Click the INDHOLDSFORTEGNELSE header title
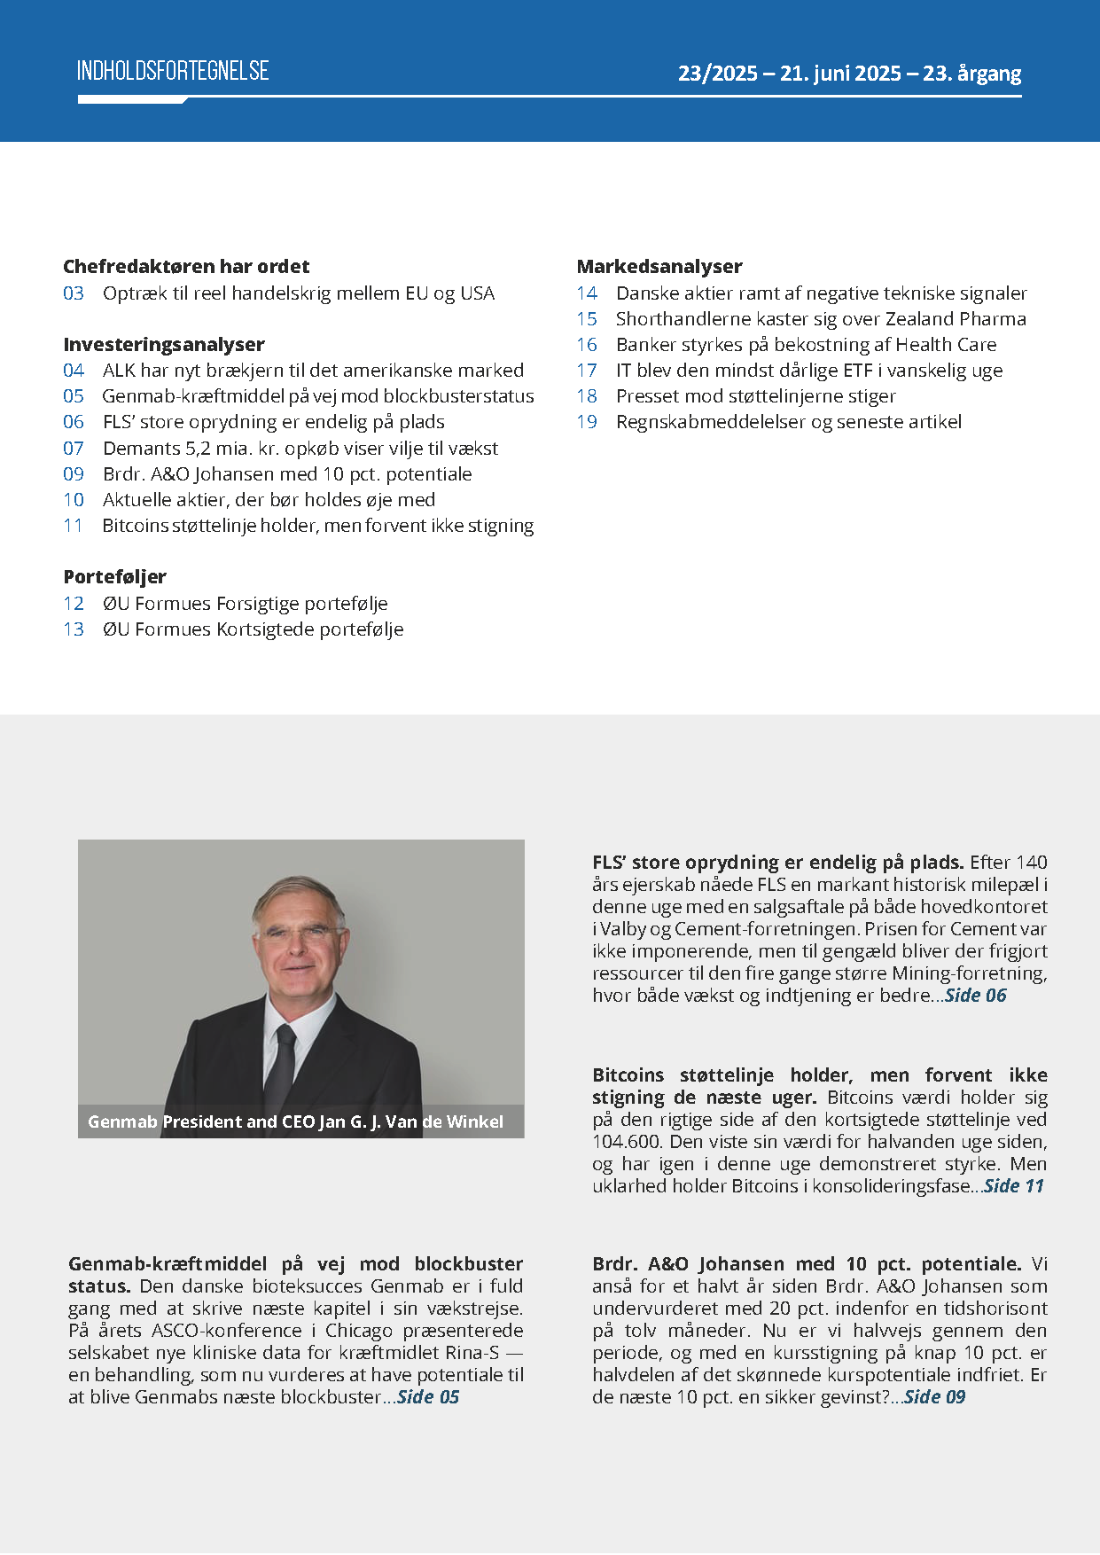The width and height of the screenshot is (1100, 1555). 173,71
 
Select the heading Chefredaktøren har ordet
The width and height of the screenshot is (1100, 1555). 186,266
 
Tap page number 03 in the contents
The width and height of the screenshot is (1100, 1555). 74,293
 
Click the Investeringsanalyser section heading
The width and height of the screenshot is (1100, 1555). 164,344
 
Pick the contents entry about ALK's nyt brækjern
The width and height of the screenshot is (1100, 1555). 313,371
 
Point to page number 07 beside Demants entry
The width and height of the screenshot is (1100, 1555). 74,449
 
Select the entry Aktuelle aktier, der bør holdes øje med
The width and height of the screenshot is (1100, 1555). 269,500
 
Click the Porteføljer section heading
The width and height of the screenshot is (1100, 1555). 115,576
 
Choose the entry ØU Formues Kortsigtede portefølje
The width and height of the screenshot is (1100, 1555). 253,629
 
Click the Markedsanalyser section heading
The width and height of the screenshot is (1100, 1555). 659,266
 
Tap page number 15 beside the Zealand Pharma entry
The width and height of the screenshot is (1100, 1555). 587,319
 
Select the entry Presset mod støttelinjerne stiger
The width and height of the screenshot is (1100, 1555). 756,396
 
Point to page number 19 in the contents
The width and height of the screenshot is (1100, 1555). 587,422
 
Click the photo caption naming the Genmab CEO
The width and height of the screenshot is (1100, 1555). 295,1121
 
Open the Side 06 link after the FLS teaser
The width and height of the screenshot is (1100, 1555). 976,996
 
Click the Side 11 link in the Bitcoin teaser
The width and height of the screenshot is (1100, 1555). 1014,1186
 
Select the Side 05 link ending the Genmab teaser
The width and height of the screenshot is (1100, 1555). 428,1397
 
